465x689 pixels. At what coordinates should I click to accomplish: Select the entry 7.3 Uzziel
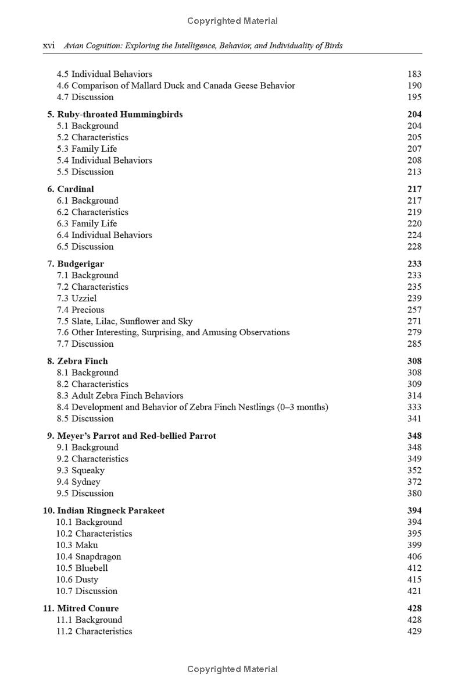(77, 298)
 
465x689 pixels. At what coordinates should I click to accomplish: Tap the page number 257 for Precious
(414, 310)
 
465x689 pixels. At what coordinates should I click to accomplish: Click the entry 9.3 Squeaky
(80, 470)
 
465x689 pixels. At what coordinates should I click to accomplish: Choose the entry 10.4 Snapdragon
(88, 556)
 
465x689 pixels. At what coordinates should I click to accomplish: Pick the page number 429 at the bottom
(414, 631)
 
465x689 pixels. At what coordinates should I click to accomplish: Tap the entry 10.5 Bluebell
(82, 568)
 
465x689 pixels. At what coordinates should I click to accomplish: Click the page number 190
(414, 86)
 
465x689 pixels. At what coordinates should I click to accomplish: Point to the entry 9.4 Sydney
(78, 482)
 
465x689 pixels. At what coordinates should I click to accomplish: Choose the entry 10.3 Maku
(77, 545)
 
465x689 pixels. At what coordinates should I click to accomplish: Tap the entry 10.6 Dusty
(77, 580)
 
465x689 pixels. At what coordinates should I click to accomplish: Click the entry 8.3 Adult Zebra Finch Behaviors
(120, 396)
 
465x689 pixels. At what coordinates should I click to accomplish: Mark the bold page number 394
(414, 510)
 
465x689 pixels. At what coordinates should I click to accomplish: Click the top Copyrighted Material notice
(233, 21)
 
